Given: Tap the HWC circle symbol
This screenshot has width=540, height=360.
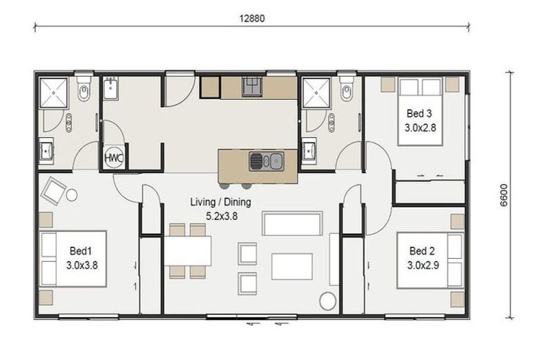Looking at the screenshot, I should [x=113, y=158].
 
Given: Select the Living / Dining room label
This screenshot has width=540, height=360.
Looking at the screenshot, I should [x=220, y=202].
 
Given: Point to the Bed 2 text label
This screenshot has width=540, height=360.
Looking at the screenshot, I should [x=423, y=250].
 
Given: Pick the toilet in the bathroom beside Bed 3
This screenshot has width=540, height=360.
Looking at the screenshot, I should [x=346, y=90].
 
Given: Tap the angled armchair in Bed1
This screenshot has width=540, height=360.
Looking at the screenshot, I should [x=56, y=189].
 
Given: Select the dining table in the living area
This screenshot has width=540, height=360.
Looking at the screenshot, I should [x=188, y=250].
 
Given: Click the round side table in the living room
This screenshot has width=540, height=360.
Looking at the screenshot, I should [x=328, y=300].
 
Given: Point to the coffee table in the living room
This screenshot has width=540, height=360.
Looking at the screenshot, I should [x=292, y=266].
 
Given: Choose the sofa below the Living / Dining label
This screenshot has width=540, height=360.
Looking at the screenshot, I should [x=292, y=224].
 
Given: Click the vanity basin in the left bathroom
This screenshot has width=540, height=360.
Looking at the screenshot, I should [x=46, y=150].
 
